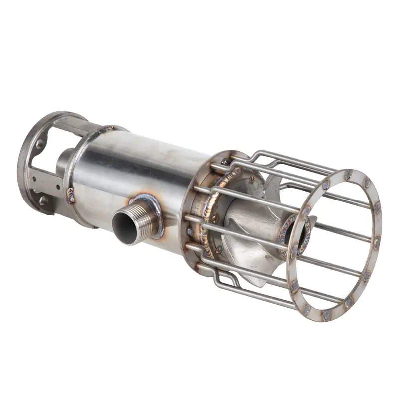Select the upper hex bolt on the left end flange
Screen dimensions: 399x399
click(x=38, y=144)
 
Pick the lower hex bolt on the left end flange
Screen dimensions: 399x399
click(x=43, y=200)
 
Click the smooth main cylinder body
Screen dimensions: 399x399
click(x=145, y=160)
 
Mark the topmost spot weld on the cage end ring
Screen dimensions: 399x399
click(x=348, y=175)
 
